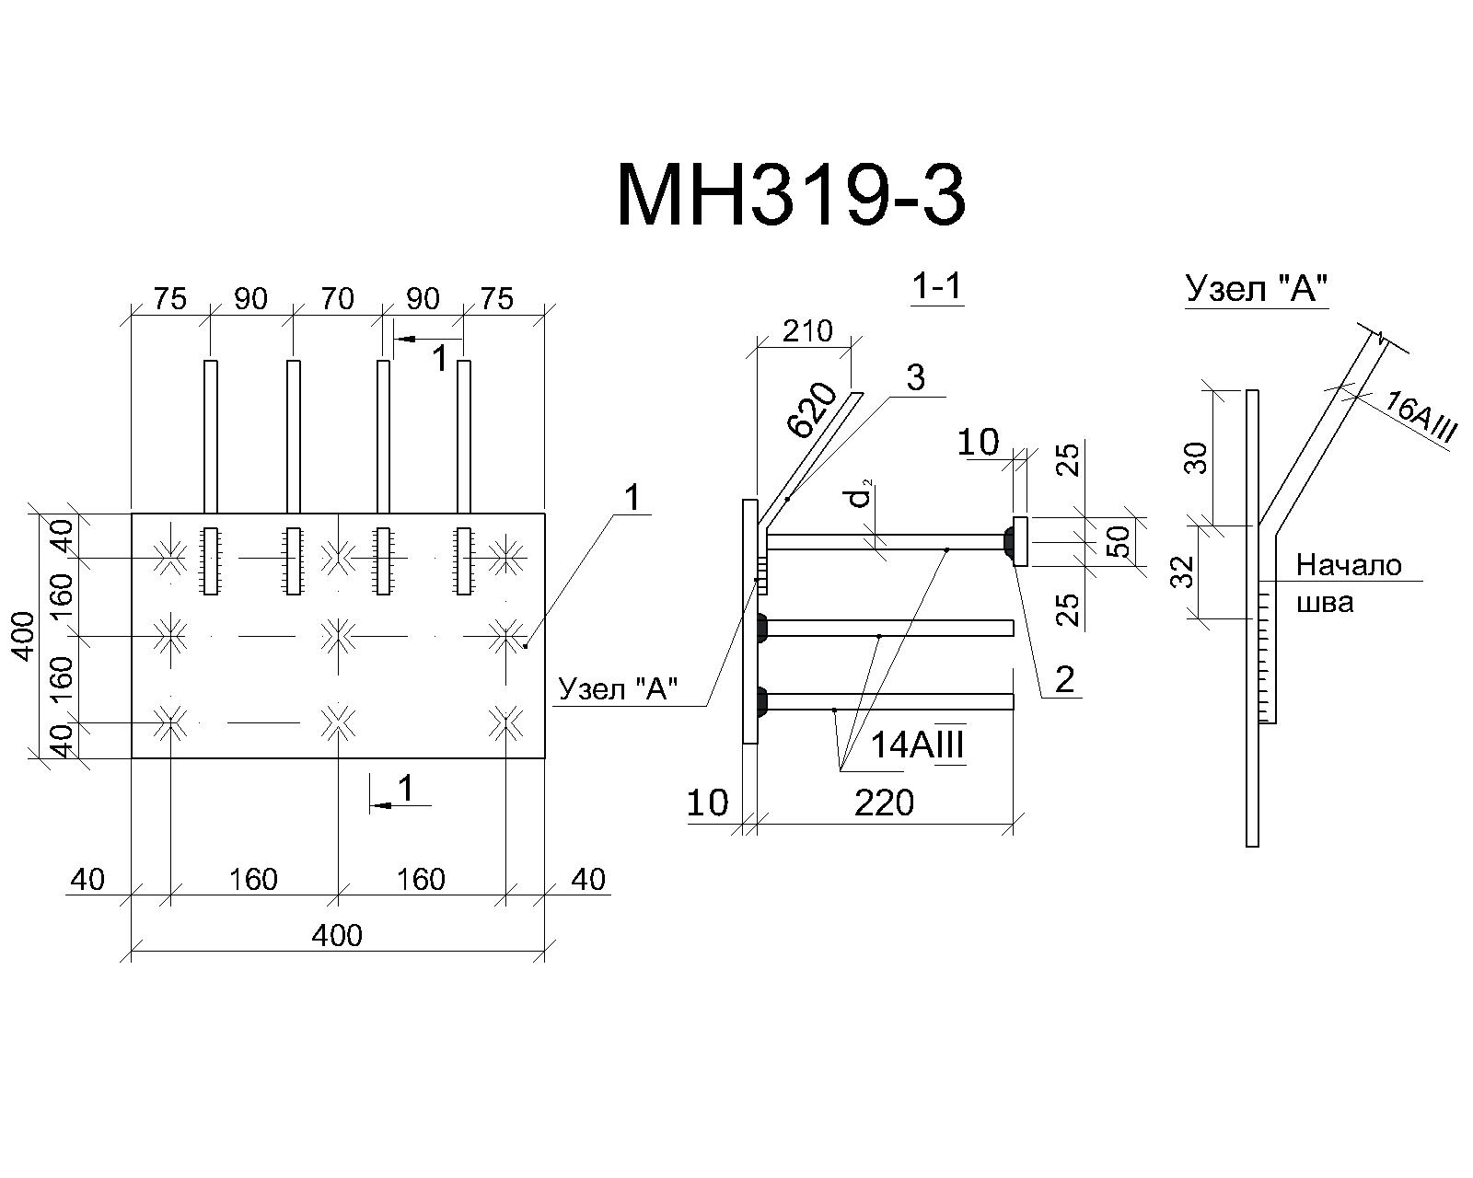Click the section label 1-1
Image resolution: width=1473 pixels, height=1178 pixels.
(938, 286)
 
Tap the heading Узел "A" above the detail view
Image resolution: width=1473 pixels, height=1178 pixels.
(1257, 288)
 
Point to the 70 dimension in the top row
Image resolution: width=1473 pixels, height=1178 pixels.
(338, 298)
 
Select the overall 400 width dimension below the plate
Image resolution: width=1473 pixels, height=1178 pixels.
(337, 935)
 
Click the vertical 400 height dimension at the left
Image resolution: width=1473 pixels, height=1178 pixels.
(25, 636)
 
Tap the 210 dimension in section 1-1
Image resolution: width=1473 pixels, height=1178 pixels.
(807, 331)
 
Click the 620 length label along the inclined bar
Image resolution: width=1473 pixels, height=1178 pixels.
(813, 410)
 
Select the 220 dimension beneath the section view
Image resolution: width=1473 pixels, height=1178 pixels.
(885, 803)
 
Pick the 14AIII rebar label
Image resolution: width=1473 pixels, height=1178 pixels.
(917, 745)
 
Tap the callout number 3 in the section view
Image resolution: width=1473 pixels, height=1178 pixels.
(916, 377)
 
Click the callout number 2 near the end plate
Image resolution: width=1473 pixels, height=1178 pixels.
(1065, 680)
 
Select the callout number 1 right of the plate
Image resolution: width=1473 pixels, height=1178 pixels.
(632, 497)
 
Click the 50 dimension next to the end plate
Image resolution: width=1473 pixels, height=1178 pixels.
(1119, 541)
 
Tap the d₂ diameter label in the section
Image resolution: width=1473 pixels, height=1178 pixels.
(861, 493)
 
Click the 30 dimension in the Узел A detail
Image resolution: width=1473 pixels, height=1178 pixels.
(1196, 458)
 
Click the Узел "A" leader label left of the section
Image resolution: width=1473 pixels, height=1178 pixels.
(618, 688)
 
